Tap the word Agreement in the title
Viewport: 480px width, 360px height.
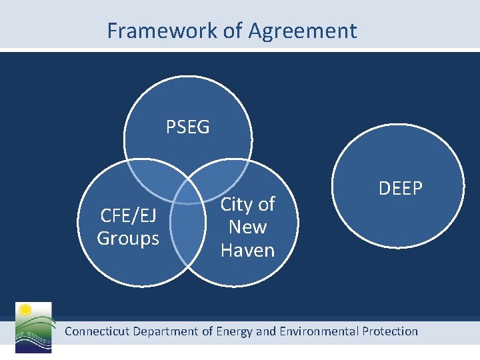coord(303,31)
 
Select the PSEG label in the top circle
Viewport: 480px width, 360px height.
coord(187,127)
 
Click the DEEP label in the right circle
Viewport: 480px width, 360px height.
coord(401,189)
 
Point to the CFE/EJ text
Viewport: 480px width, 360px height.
coord(128,215)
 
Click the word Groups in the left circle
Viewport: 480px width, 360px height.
coord(128,238)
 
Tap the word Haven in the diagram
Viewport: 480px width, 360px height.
coord(247,250)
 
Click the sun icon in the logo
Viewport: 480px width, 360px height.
coord(26,310)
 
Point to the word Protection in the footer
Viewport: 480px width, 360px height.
coord(390,331)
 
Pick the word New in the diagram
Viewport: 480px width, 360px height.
coord(247,227)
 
